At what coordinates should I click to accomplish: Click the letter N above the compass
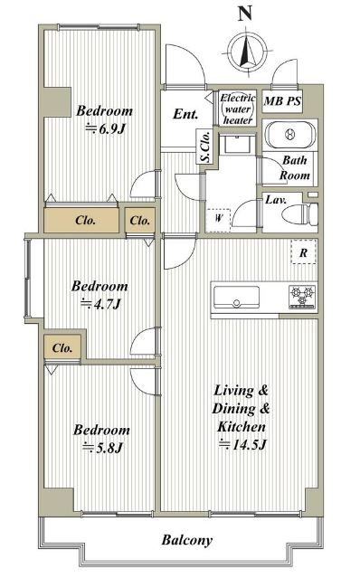point(244,14)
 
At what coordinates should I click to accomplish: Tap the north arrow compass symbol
point(248,52)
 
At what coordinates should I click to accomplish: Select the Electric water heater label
point(237,109)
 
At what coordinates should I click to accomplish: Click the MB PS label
point(282,101)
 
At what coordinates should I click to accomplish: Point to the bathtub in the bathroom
point(289,134)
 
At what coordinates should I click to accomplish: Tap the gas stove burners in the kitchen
point(302,297)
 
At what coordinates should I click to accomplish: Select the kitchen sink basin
point(236,297)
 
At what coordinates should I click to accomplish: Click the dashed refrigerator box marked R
point(304,252)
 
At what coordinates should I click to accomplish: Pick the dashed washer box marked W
point(218,220)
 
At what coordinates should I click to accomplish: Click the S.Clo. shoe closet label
point(205,147)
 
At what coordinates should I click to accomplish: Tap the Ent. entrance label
point(185,114)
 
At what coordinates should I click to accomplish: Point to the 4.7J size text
point(100,304)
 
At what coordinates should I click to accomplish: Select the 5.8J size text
point(103,448)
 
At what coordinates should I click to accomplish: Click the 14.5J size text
point(242,445)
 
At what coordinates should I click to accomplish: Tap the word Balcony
point(187,540)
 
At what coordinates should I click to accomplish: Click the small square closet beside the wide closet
point(140,220)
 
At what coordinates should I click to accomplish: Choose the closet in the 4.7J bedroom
point(62,347)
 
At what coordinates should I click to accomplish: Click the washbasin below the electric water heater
point(237,144)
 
